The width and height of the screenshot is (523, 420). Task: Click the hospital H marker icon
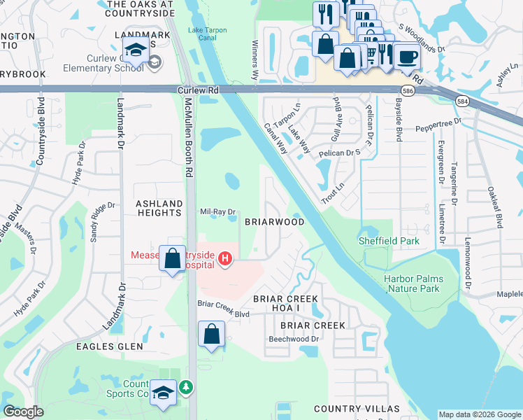224,260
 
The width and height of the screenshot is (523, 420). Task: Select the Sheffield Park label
389,241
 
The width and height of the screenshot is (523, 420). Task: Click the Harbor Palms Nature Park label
412,283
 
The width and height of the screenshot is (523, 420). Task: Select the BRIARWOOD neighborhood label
274,222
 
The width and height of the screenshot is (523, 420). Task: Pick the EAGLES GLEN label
110,346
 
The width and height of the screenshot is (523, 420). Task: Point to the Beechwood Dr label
294,339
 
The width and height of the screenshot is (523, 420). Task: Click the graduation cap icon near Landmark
134,49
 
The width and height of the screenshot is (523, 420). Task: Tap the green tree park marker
185,386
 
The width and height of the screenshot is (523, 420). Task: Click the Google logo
23,412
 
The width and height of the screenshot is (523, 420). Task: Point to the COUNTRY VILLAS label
357,409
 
